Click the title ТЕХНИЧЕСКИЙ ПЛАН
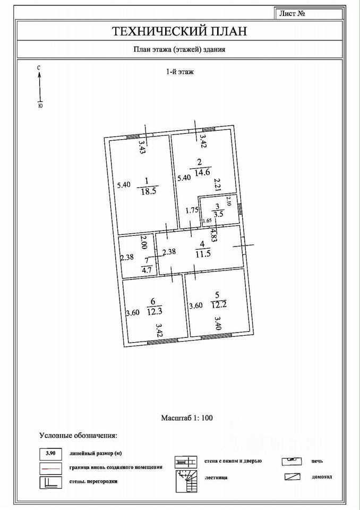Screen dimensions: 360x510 pyautogui.click(x=180, y=31)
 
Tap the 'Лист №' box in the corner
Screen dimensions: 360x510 pyautogui.click(x=291, y=14)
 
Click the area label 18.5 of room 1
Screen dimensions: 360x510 pyautogui.click(x=147, y=191)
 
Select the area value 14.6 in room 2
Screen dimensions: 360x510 pyautogui.click(x=203, y=172)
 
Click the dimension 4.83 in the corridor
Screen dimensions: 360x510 pyautogui.click(x=213, y=235)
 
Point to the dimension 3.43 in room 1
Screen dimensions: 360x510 pyautogui.click(x=142, y=146)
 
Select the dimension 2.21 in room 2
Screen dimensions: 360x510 pyautogui.click(x=217, y=184)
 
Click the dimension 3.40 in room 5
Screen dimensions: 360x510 pyautogui.click(x=218, y=322)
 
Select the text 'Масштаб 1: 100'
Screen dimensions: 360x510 pyautogui.click(x=186, y=418)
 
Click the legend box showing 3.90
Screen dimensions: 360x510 pyautogui.click(x=51, y=453)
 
